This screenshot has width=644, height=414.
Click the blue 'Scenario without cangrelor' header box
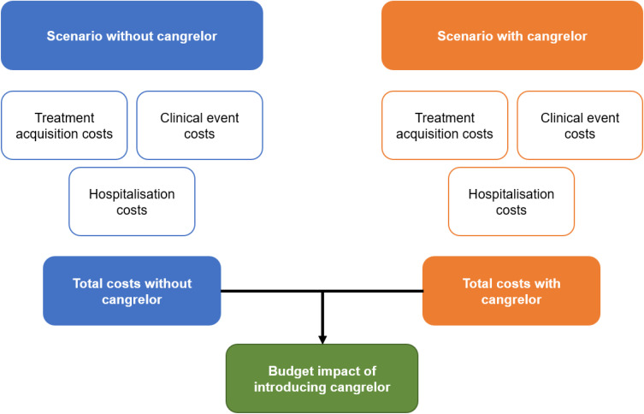[132, 36]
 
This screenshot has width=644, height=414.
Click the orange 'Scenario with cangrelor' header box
[511, 36]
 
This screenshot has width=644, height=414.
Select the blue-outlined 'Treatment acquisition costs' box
[65, 125]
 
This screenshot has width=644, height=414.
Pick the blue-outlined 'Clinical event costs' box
[199, 125]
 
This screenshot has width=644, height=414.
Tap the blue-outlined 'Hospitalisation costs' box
[132, 202]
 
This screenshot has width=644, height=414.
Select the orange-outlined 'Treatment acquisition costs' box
[445, 125]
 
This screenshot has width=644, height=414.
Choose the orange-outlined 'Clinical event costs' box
[579, 125]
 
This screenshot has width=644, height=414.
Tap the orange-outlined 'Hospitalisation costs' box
[511, 202]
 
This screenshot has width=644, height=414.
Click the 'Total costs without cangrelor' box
[132, 291]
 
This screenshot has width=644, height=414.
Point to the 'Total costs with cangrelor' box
[511, 291]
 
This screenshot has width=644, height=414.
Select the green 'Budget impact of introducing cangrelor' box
[322, 378]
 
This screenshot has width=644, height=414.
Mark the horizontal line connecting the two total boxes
[376, 291]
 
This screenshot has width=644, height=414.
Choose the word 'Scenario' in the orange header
[464, 36]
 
